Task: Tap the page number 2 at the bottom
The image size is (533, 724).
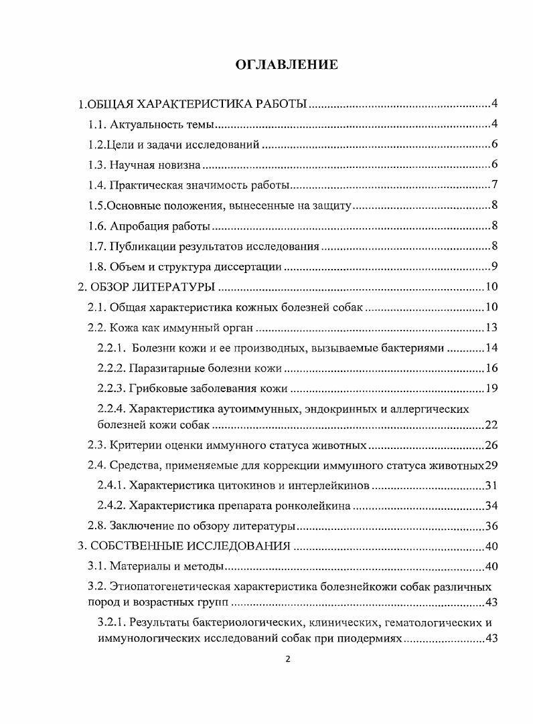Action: click(288, 659)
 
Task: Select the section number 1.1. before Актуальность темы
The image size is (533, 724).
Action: click(98, 124)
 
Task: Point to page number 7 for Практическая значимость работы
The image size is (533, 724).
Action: click(493, 185)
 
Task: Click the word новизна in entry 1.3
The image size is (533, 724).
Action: click(177, 165)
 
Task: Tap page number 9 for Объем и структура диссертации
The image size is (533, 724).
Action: click(493, 267)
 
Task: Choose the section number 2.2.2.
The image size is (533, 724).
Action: click(111, 369)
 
